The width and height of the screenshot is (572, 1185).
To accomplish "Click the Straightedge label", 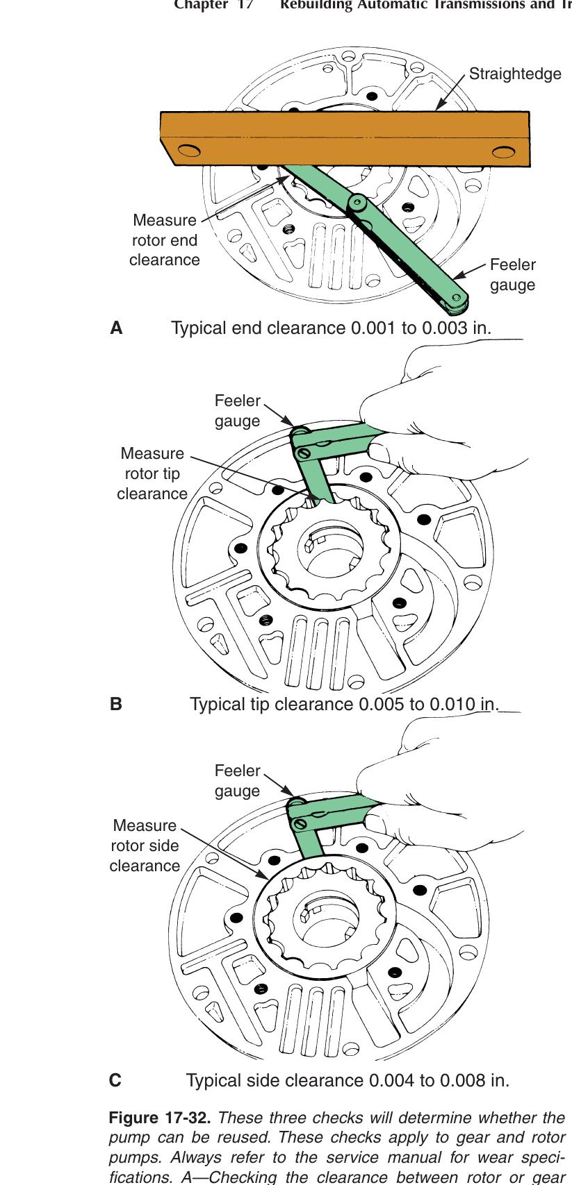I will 515,74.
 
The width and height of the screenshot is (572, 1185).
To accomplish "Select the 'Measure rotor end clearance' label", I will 165,240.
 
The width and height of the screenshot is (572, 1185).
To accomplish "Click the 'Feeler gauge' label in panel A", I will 513,275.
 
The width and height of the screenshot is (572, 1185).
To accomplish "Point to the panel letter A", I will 117,328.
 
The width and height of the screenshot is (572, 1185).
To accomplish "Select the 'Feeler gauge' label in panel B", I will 237,411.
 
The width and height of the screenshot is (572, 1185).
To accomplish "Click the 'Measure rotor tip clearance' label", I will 152,473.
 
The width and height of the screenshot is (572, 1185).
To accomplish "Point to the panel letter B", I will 116,704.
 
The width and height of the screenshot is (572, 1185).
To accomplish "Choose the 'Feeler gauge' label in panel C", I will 237,781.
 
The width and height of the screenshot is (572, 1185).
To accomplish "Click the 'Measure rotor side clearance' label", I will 145,846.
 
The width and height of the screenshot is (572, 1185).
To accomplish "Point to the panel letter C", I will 116,1081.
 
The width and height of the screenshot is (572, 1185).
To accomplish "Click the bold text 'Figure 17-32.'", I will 161,1119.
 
